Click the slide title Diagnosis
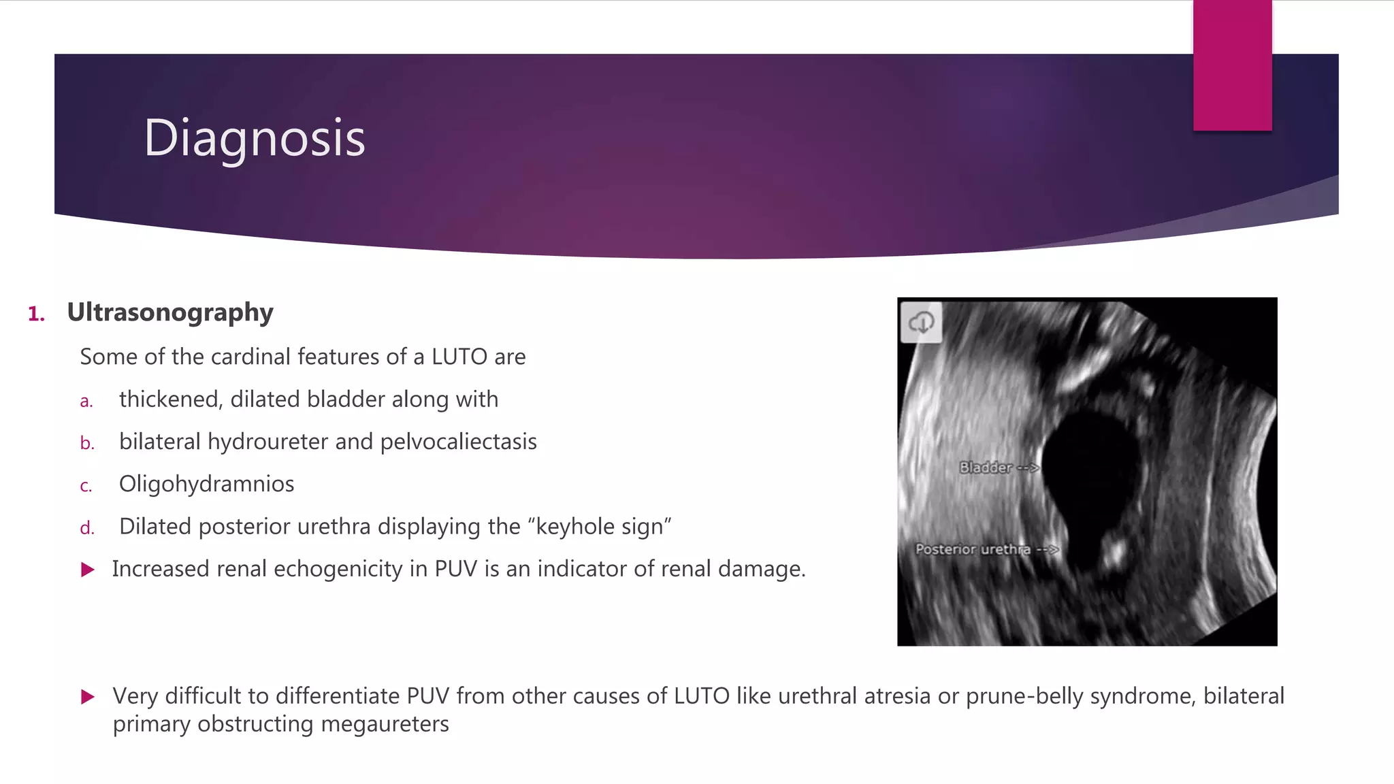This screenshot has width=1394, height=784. click(x=255, y=138)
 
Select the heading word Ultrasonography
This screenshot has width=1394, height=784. click(x=170, y=312)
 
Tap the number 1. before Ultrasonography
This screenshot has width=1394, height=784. click(x=36, y=314)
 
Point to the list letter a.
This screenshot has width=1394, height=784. click(x=86, y=401)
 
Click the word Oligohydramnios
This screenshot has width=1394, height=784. click(x=206, y=484)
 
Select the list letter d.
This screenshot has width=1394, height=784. click(x=86, y=528)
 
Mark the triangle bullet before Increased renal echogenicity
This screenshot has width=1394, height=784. click(x=88, y=570)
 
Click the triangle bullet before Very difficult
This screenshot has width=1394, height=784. click(x=88, y=697)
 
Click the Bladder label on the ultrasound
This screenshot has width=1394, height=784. click(x=985, y=468)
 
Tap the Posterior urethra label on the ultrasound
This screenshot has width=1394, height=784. click(x=972, y=549)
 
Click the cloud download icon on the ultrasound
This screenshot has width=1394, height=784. click(x=921, y=323)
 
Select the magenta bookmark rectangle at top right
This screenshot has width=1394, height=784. click(x=1232, y=65)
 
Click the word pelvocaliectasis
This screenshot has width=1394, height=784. click(x=458, y=442)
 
